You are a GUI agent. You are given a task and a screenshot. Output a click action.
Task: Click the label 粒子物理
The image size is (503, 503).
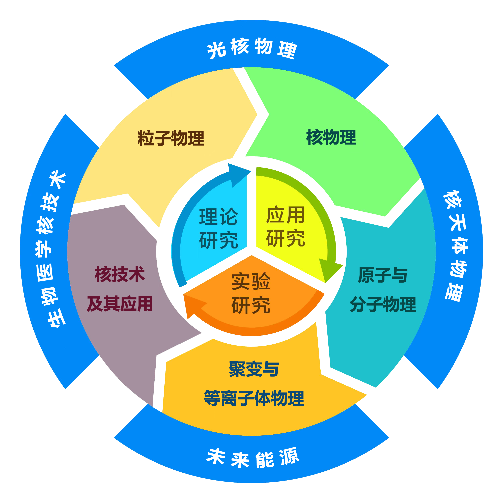tap(171, 138)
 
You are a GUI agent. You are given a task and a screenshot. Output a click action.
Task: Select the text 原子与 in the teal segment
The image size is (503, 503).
tap(383, 275)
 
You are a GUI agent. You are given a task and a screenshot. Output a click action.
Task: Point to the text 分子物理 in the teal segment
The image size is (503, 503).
tap(383, 304)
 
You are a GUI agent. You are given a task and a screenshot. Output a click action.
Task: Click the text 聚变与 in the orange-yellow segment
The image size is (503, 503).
tap(254, 369)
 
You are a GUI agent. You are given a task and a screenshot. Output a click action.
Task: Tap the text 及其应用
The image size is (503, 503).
tap(120, 304)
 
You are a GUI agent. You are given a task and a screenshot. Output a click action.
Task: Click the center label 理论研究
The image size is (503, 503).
tap(218, 228)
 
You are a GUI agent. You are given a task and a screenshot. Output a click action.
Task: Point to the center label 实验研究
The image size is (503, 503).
tap(251, 293)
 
